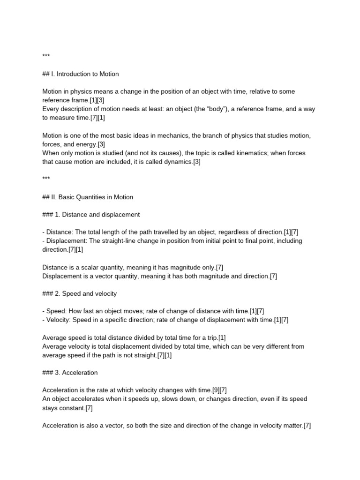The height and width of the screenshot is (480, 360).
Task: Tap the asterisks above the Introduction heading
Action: click(46, 57)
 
